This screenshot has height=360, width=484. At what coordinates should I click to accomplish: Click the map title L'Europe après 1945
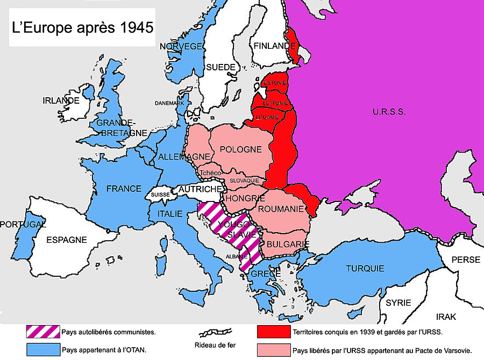click(x=82, y=27)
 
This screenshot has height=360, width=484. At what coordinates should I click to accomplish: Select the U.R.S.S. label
click(x=388, y=112)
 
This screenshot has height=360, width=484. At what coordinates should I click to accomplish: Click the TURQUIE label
click(x=365, y=268)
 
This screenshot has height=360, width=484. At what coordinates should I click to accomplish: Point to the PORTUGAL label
click(x=22, y=224)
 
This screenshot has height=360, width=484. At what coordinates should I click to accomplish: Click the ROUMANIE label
click(x=281, y=208)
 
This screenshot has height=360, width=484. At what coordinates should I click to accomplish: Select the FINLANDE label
click(x=275, y=46)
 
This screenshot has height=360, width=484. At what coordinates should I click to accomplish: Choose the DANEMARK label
click(x=169, y=103)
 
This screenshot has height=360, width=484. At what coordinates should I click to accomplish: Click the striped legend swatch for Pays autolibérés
click(x=42, y=332)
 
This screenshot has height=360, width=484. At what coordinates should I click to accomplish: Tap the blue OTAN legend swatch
click(x=42, y=349)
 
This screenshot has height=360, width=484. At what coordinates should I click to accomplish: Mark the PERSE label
click(x=465, y=260)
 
